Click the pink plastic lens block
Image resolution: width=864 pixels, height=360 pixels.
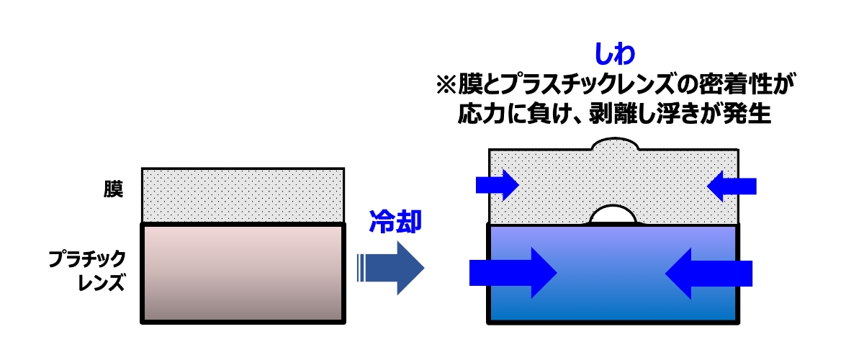click(243, 272)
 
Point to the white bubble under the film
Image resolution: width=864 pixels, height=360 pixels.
click(613, 215)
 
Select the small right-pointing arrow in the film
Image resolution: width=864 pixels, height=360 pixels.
click(498, 186)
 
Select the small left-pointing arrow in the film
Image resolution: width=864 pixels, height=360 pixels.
click(732, 186)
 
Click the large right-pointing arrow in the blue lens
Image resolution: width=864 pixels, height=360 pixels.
click(513, 272)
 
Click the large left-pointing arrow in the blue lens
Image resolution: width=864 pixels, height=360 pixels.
click(709, 272)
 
